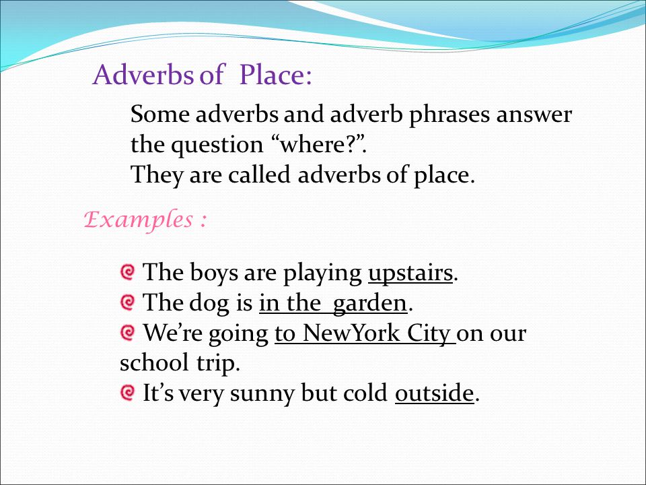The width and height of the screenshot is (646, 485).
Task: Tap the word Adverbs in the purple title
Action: click(143, 74)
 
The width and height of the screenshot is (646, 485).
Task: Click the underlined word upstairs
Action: click(410, 273)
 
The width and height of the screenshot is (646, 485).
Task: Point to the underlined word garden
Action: click(369, 304)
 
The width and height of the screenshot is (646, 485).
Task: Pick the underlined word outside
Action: click(434, 393)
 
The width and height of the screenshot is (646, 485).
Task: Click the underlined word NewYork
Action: click(351, 333)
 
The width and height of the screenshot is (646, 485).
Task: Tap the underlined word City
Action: click(429, 333)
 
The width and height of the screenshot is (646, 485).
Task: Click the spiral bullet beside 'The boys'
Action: click(127, 272)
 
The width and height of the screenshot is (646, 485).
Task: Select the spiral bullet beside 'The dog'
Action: click(127, 302)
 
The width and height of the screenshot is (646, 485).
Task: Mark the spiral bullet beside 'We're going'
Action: click(127, 332)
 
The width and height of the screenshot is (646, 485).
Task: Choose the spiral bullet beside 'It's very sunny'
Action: click(127, 392)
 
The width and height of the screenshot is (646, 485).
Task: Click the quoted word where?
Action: click(317, 144)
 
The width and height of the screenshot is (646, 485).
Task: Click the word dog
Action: click(209, 304)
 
